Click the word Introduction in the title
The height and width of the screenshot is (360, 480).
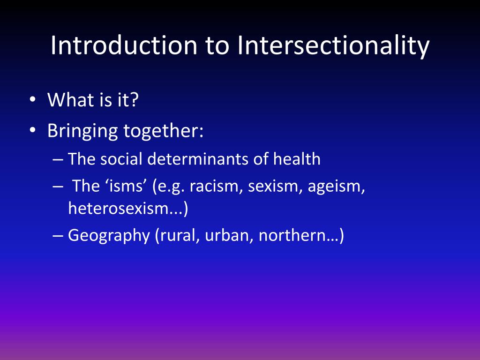click(123, 45)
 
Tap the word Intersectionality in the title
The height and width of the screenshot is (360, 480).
click(333, 45)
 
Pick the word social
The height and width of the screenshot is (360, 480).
click(122, 159)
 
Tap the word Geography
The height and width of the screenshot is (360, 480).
click(108, 235)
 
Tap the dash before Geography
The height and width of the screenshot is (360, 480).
click(58, 235)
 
